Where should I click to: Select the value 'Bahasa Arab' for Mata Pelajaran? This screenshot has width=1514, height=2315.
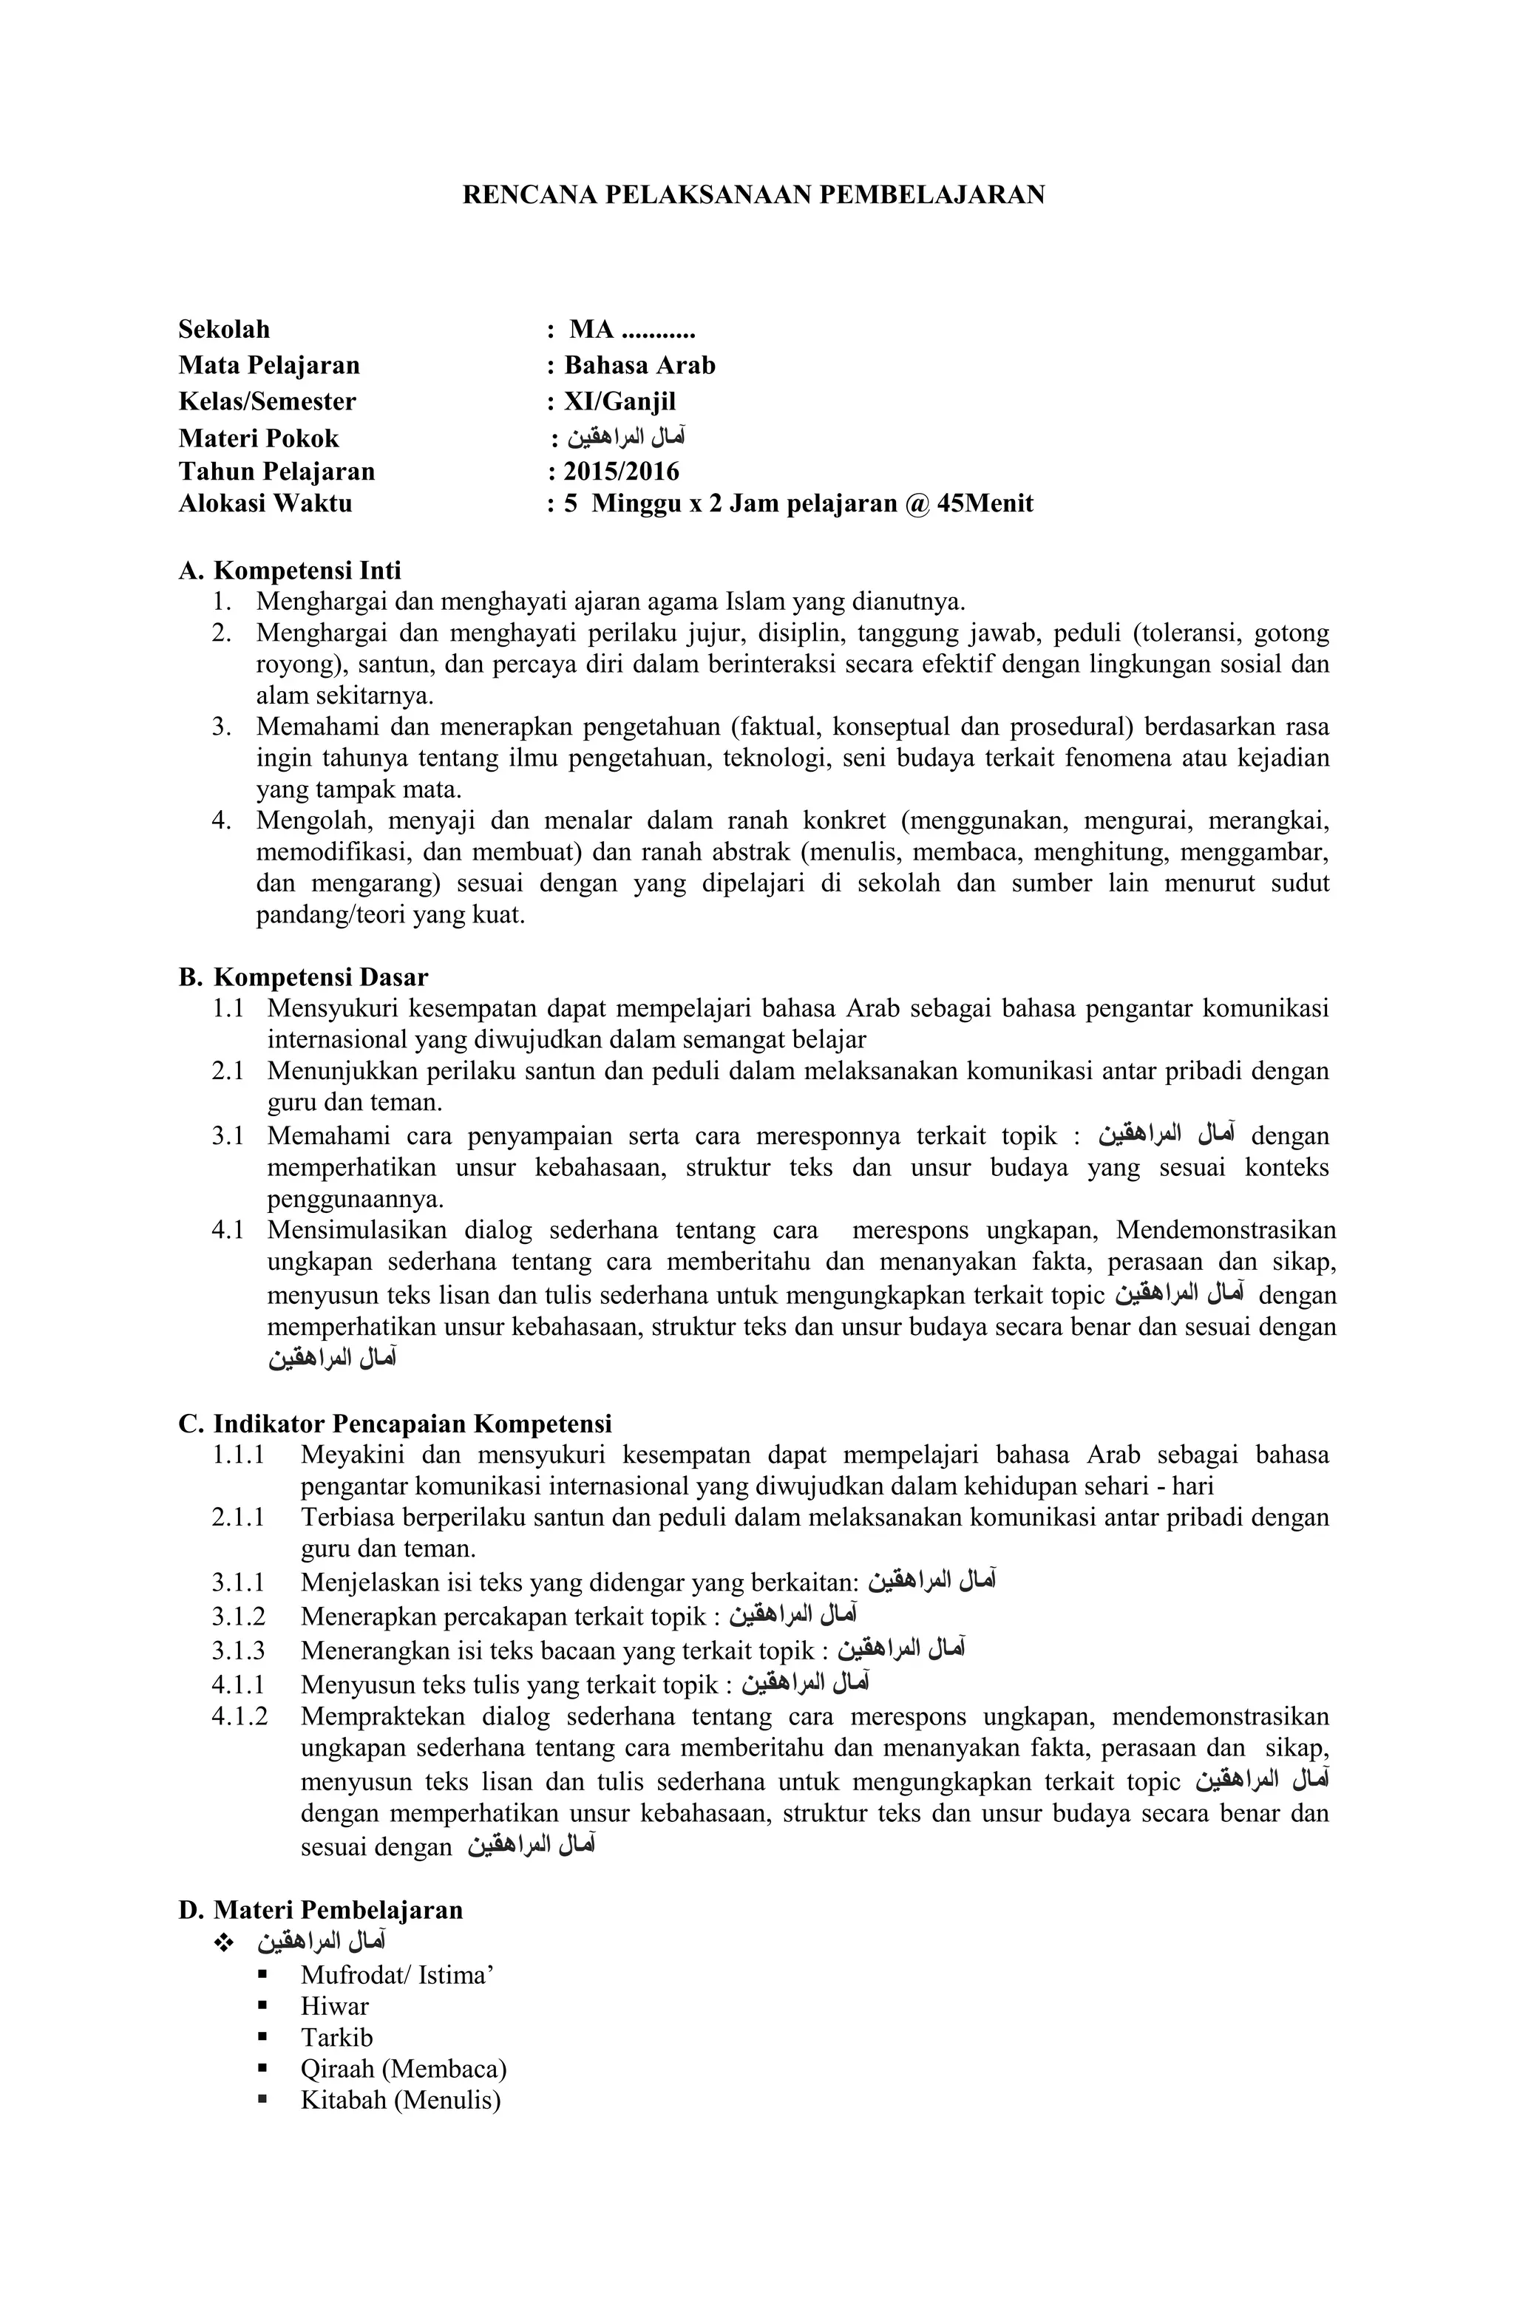(639, 366)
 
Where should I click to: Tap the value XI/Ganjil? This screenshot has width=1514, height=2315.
(611, 401)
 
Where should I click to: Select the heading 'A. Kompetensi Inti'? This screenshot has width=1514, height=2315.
(289, 570)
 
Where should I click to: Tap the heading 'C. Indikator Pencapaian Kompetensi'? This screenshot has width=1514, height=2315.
(395, 1424)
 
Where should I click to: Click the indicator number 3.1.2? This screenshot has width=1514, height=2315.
(238, 1617)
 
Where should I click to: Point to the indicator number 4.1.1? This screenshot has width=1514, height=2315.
(238, 1684)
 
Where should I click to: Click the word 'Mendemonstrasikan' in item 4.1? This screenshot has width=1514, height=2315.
(1225, 1231)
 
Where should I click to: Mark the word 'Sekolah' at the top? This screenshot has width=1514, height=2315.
(224, 330)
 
